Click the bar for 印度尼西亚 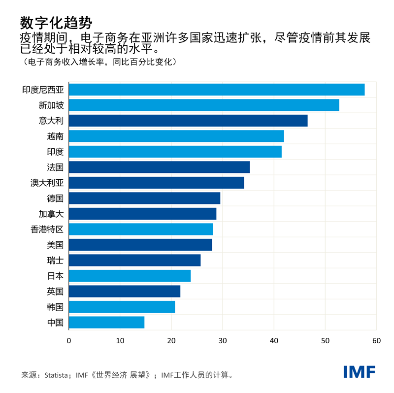click(217, 90)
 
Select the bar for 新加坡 click(204, 105)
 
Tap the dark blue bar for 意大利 click(188, 121)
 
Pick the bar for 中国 click(106, 323)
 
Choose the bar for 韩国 click(122, 307)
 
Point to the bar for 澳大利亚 click(156, 183)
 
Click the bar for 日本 click(130, 276)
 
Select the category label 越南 click(55, 136)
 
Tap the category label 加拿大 click(51, 214)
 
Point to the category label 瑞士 click(55, 261)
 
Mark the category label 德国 click(55, 198)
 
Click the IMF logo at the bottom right click(359, 372)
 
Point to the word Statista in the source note click(58, 375)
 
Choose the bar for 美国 click(140, 245)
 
